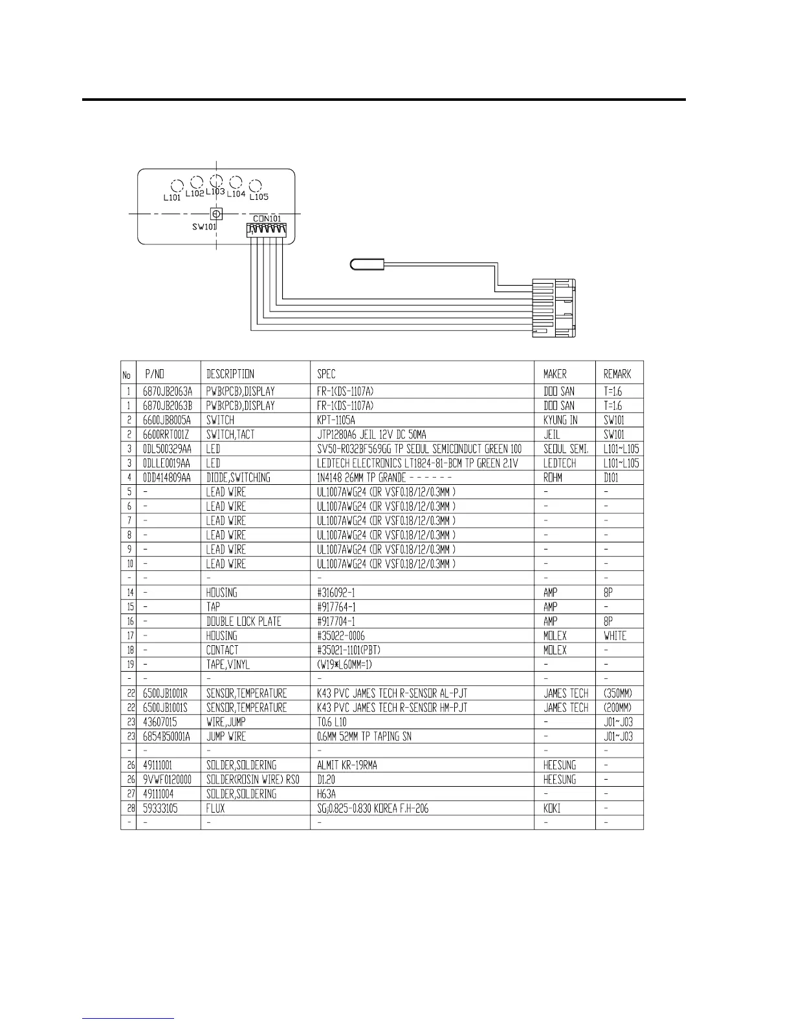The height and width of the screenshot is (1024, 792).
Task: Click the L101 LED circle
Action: click(x=175, y=185)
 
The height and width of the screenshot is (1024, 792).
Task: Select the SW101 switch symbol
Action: click(x=216, y=213)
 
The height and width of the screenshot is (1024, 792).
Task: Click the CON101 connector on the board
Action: click(x=266, y=229)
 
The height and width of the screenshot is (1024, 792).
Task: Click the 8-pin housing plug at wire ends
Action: click(x=553, y=308)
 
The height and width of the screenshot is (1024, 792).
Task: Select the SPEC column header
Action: click(x=326, y=374)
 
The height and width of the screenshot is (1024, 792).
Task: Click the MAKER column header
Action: click(x=555, y=374)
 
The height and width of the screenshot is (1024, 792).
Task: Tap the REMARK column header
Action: click(x=617, y=374)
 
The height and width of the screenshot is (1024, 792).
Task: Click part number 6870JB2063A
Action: click(x=168, y=391)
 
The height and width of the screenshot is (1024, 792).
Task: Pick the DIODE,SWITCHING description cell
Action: click(x=238, y=478)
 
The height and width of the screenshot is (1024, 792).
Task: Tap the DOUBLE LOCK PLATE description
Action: click(x=243, y=621)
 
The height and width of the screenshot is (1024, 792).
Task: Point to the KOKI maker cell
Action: click(x=552, y=808)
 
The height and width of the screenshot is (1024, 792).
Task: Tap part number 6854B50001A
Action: click(x=167, y=736)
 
